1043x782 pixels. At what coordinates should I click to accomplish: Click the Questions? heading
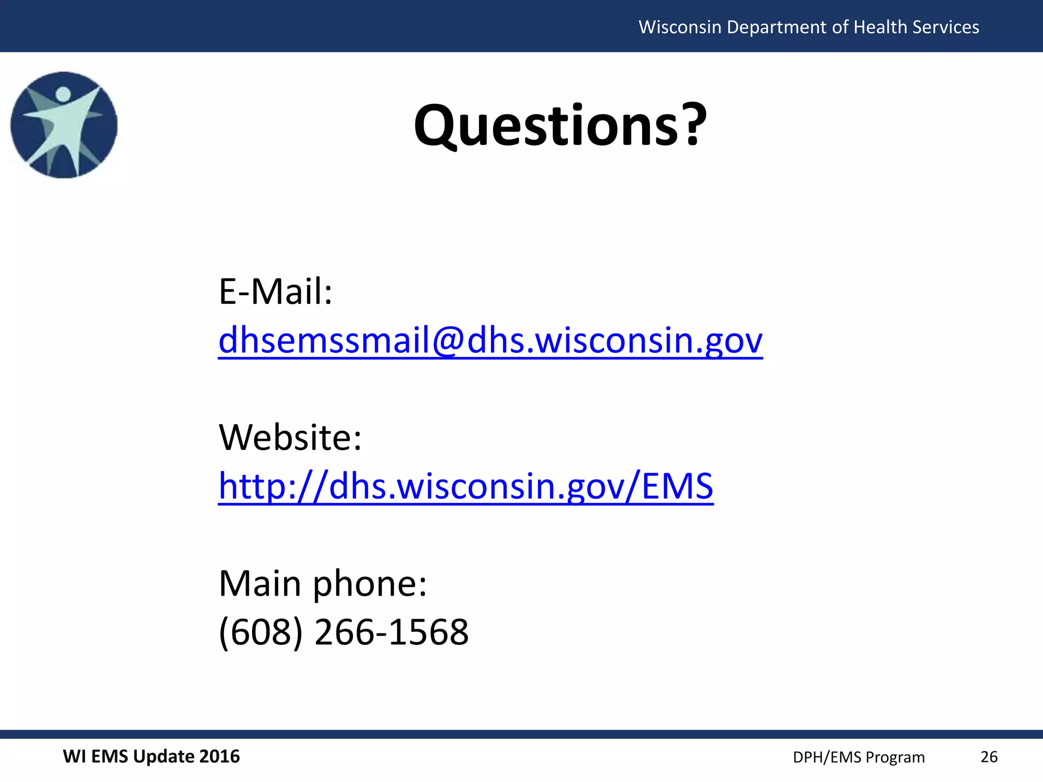(x=560, y=125)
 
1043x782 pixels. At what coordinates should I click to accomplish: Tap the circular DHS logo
(x=64, y=125)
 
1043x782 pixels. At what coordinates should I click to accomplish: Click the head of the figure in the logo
(x=63, y=94)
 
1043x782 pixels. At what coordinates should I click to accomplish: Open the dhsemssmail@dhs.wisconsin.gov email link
(x=490, y=340)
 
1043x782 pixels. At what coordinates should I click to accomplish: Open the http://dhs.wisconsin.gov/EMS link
(x=465, y=486)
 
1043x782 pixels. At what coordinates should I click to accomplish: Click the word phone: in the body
(x=370, y=584)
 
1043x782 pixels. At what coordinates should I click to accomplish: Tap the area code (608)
(x=261, y=632)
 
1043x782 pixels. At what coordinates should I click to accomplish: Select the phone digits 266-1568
(x=392, y=632)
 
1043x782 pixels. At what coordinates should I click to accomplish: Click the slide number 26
(x=989, y=757)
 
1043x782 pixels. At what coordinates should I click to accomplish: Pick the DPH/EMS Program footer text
(x=859, y=758)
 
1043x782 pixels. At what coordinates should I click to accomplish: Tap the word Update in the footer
(x=163, y=757)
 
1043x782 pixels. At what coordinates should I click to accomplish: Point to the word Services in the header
(x=946, y=27)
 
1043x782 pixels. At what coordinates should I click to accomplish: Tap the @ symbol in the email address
(x=448, y=340)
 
